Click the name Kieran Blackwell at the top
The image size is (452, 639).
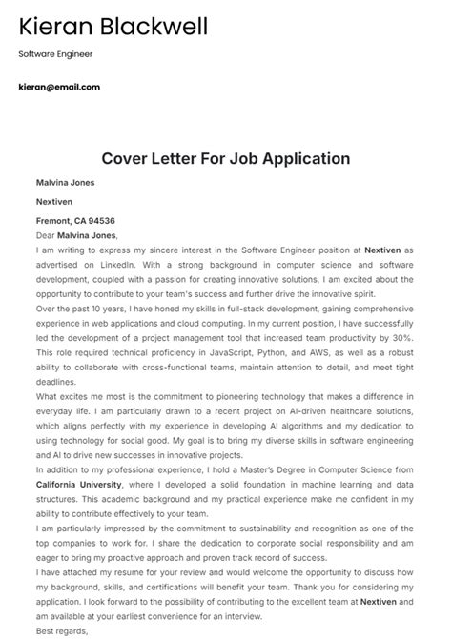click(113, 26)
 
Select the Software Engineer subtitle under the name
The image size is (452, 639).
click(55, 54)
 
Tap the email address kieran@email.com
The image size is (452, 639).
click(58, 87)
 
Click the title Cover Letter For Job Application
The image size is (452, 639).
click(226, 158)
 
